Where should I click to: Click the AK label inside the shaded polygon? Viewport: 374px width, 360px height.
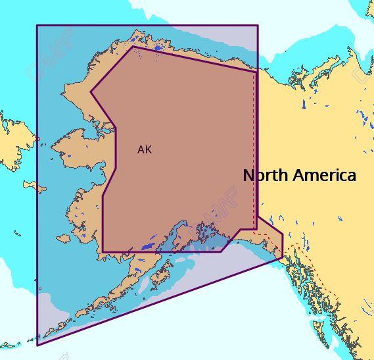coord(144,149)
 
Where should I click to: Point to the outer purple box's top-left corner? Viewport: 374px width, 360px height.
coord(37,26)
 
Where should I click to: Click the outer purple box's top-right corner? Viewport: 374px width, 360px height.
coord(258,26)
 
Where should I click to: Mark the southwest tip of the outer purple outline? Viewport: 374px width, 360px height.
coord(37,344)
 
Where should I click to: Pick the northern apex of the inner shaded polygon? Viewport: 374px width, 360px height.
coord(133,45)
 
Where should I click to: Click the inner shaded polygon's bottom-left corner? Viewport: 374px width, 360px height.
coord(103,251)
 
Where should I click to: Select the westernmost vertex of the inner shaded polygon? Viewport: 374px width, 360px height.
coord(91,92)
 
